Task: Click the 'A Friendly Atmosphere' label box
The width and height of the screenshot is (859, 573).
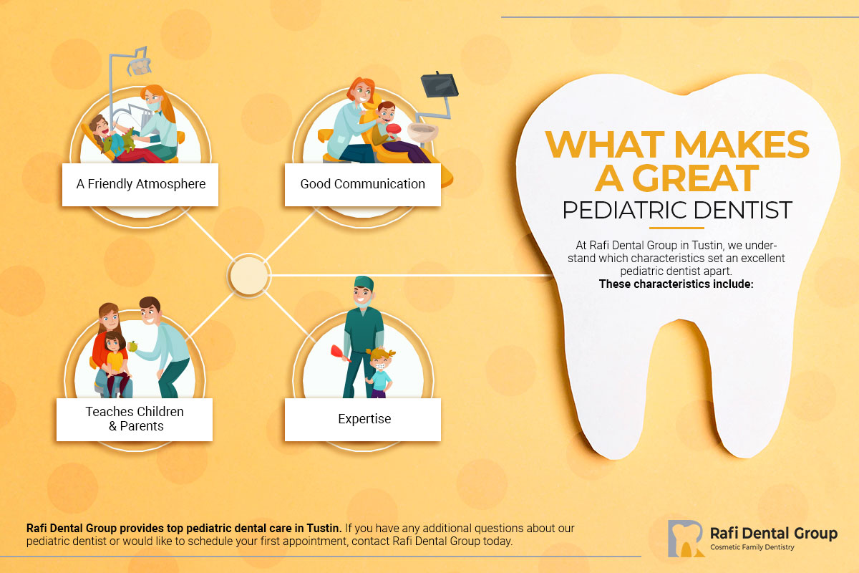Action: click(x=140, y=184)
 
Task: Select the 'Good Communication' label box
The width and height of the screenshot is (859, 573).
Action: click(x=362, y=184)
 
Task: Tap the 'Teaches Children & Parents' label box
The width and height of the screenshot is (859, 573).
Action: click(x=135, y=419)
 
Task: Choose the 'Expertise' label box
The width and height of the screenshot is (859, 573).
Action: click(x=364, y=419)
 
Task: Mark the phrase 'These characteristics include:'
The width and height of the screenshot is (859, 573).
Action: click(x=677, y=284)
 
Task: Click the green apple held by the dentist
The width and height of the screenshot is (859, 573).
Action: click(x=132, y=347)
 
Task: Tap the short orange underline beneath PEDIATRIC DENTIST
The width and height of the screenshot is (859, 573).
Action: click(x=676, y=228)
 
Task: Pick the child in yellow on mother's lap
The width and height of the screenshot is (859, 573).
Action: click(x=115, y=358)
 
